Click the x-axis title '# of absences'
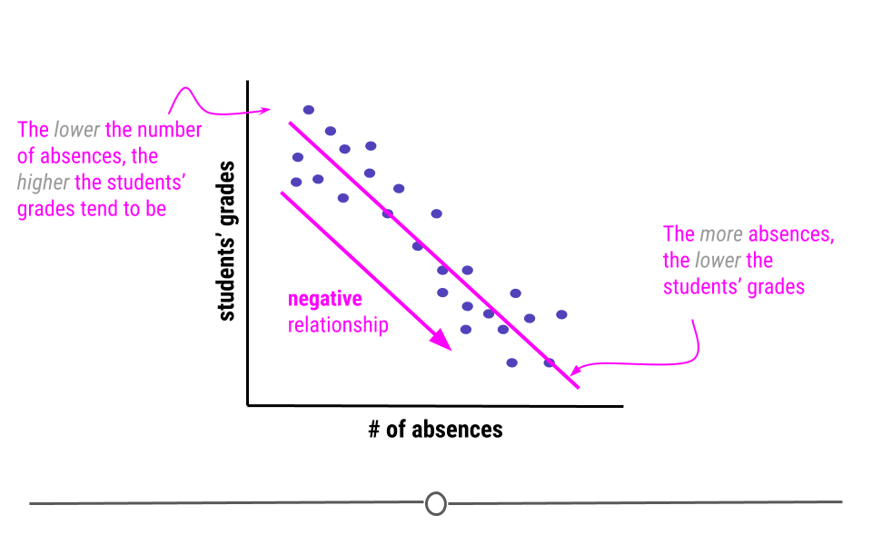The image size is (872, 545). point(435,430)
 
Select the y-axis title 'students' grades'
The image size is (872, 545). point(226,242)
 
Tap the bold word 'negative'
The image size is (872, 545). point(325,299)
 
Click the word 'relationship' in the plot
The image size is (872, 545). point(338,325)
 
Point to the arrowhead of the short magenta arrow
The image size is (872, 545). point(441,340)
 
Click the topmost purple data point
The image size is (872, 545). point(309,110)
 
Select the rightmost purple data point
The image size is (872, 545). point(561,315)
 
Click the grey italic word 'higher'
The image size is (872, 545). point(43,183)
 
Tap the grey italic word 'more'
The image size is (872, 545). point(721,234)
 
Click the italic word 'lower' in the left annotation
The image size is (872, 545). point(76,130)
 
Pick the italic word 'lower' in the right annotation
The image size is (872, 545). point(718,261)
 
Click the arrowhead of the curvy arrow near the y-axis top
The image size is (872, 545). point(265,110)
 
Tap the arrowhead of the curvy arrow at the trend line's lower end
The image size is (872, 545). point(576,370)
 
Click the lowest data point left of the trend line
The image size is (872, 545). point(511,363)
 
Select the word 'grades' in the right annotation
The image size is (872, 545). point(776,287)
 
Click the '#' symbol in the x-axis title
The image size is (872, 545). point(374,430)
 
